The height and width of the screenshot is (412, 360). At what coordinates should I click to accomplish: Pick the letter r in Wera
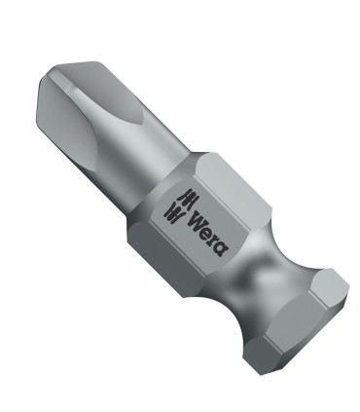[x=211, y=229]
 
